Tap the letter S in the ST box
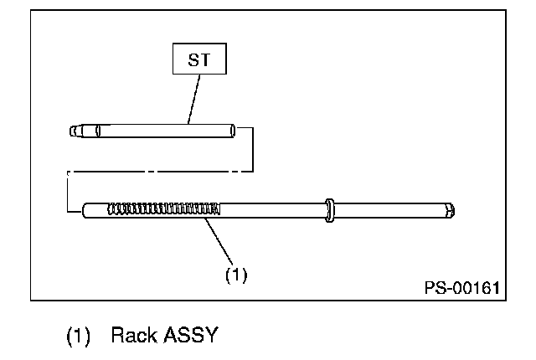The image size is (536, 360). click(x=193, y=59)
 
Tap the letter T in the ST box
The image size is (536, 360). click(x=205, y=59)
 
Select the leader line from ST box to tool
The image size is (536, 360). click(x=193, y=99)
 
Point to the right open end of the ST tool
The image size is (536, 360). click(x=233, y=131)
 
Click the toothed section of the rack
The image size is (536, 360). click(x=164, y=208)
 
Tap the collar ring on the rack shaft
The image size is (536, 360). click(x=329, y=210)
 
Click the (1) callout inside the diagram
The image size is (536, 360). click(x=236, y=275)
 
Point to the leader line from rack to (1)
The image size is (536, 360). click(x=219, y=241)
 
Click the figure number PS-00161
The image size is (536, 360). click(x=461, y=288)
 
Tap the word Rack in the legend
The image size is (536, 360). click(x=134, y=335)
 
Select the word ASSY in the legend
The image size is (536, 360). click(x=191, y=335)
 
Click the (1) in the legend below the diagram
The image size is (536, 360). click(x=78, y=336)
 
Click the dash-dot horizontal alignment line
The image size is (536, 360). click(x=160, y=172)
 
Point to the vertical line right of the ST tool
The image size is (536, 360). click(x=253, y=150)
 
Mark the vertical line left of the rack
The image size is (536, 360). click(x=68, y=192)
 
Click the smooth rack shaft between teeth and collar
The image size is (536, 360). click(x=272, y=210)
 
